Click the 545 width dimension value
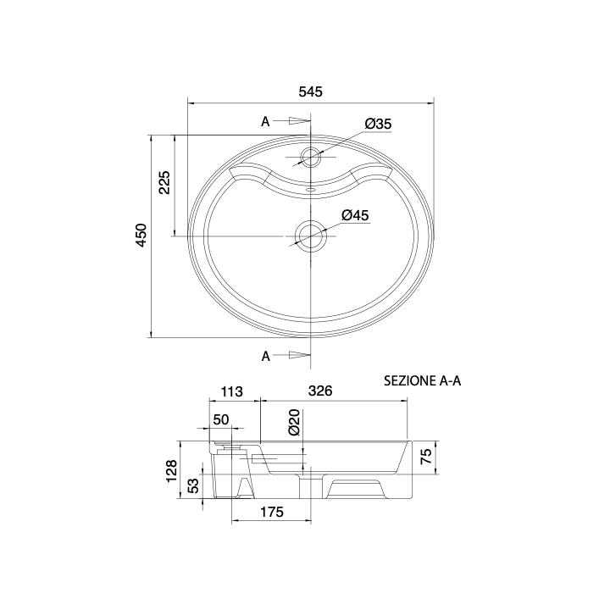(x=310, y=91)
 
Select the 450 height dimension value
(x=141, y=235)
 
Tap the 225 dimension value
(x=164, y=182)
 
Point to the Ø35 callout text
(x=378, y=124)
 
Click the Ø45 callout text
(x=355, y=215)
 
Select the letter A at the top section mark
(x=265, y=122)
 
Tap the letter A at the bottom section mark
(x=266, y=356)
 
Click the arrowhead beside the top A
(x=300, y=121)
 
